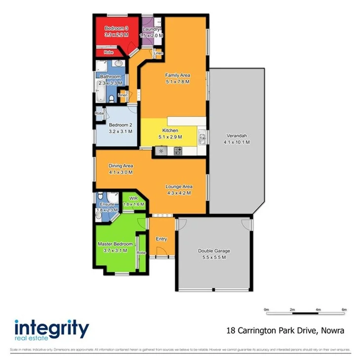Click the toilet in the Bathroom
111,99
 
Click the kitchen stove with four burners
177,152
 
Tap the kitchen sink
202,140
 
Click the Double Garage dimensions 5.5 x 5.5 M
214,257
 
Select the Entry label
161,239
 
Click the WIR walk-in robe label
133,198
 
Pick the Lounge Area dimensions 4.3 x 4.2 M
178,193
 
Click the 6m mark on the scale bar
344,310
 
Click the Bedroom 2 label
120,125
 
